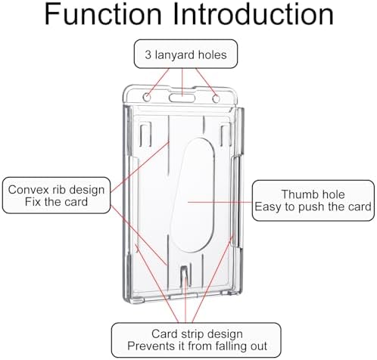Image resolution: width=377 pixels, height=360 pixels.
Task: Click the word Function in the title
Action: (x=103, y=14)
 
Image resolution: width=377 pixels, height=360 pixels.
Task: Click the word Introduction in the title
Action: (x=253, y=14)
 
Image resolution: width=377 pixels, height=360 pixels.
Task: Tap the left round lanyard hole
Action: (x=147, y=97)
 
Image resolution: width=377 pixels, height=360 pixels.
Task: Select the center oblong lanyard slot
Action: (x=182, y=98)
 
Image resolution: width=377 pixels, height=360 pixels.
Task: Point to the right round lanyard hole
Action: (x=216, y=98)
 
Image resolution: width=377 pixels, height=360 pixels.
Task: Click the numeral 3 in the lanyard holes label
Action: (x=148, y=54)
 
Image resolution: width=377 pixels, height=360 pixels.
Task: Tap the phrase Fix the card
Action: (x=56, y=202)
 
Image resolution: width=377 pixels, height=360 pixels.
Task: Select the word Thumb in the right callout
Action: (x=296, y=194)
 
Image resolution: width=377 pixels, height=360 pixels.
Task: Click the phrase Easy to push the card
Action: (x=313, y=206)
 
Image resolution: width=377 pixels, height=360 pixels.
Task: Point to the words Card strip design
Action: (x=197, y=334)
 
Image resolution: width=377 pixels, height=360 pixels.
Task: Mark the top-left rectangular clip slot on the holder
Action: (x=145, y=135)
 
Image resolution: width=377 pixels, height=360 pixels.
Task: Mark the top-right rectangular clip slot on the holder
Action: (x=226, y=135)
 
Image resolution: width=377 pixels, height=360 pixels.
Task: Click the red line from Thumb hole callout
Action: (x=220, y=202)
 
